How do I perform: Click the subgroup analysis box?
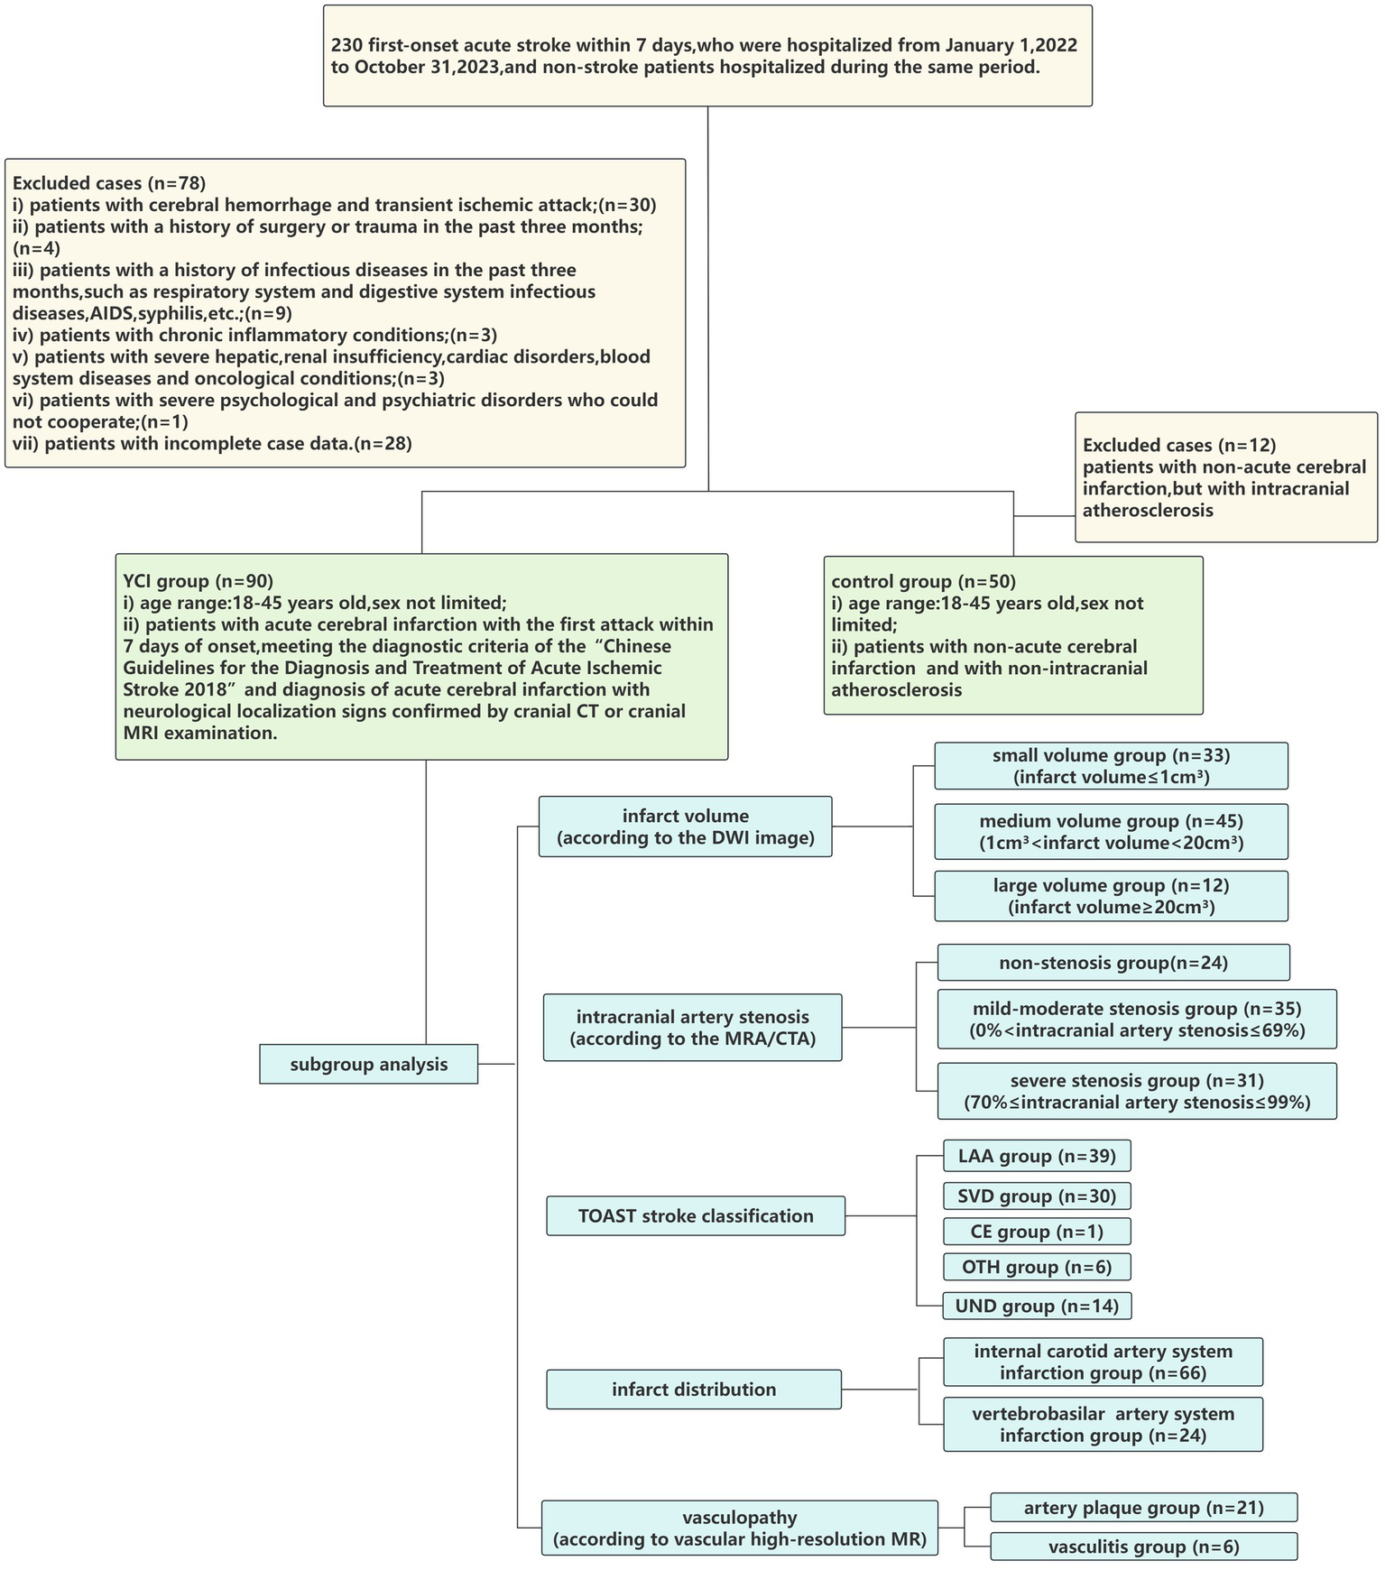[x=368, y=1064]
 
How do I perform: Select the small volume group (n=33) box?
[x=1111, y=766]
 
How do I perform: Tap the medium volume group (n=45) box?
[x=1111, y=832]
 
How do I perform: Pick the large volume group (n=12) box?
[x=1111, y=896]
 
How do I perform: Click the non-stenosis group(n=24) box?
[x=1113, y=963]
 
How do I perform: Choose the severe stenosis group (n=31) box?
[x=1137, y=1091]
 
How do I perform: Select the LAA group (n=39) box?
[x=1037, y=1156]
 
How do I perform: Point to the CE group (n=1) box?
[x=1037, y=1232]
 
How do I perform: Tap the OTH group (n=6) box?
[x=1037, y=1267]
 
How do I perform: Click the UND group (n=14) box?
[x=1037, y=1306]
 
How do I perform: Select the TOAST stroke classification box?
[x=696, y=1215]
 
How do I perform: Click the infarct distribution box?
[x=694, y=1389]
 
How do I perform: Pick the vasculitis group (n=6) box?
[x=1143, y=1547]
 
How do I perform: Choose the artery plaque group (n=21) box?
[x=1143, y=1508]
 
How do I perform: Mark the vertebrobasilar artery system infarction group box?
[x=1103, y=1424]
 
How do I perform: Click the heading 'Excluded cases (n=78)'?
[x=109, y=183]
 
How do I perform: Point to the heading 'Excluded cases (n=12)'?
[x=1179, y=445]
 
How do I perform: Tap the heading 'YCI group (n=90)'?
[x=198, y=581]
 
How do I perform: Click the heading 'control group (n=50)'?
[x=923, y=582]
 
